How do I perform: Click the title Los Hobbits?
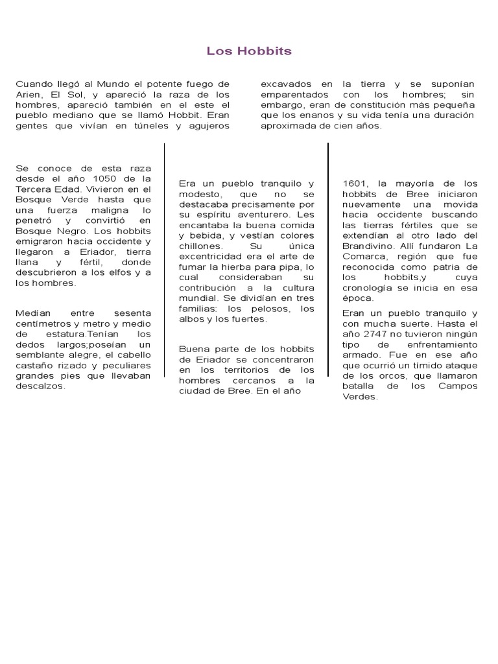pos(249,51)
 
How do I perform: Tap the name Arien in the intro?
pos(28,94)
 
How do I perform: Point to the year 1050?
pos(104,178)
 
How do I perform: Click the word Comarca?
pos(365,256)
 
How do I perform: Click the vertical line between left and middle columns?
pos(165,272)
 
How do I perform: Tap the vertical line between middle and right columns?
pos(328,272)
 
